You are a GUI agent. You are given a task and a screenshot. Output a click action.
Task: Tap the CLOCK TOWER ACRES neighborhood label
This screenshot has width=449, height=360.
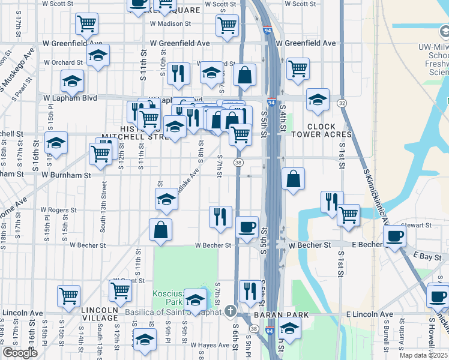[x=330, y=131]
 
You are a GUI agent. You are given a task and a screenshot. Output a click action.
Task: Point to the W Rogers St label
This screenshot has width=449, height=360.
[x=59, y=211]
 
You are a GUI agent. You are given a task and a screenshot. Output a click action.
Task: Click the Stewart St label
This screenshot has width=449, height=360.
[x=419, y=225]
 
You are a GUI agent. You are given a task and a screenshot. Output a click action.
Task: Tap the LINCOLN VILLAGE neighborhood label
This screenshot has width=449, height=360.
[x=100, y=313]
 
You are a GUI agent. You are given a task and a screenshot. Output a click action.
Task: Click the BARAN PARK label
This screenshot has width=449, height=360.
[x=281, y=315]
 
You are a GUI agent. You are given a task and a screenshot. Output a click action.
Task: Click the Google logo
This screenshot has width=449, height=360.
[x=20, y=353]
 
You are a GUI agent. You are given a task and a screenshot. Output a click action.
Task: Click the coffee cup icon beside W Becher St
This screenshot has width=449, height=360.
[x=247, y=228]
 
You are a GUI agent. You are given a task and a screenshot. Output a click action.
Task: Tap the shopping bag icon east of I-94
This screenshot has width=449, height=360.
[x=293, y=179]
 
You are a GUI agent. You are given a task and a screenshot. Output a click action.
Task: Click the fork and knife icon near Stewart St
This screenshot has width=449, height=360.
[x=331, y=202]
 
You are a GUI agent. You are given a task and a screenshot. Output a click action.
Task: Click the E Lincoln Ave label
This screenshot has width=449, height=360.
[x=369, y=314]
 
